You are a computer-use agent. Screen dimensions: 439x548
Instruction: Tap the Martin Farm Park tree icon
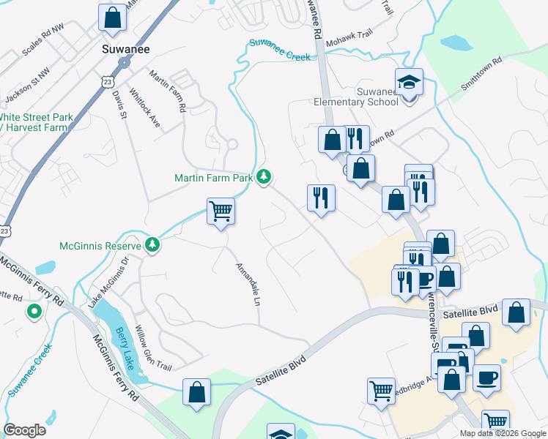click(264, 177)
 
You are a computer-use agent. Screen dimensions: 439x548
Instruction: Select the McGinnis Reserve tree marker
click(152, 244)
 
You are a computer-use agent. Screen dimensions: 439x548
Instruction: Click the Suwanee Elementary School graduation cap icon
click(409, 82)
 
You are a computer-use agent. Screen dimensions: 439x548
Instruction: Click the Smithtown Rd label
click(481, 73)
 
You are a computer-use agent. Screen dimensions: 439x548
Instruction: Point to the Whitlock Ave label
click(144, 108)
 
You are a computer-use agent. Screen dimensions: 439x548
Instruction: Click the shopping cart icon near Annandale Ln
click(221, 212)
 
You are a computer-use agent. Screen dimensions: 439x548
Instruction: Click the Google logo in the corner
click(25, 430)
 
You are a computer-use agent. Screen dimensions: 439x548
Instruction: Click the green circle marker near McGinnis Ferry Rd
click(34, 312)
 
